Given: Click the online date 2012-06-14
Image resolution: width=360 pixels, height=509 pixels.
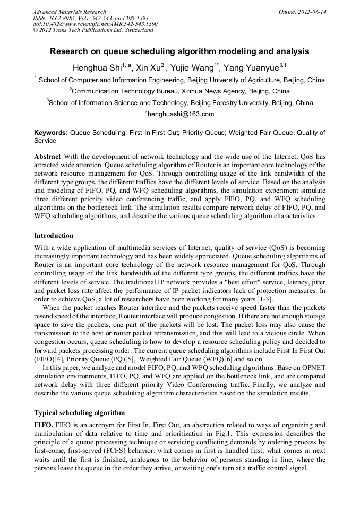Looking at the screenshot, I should coord(312,12).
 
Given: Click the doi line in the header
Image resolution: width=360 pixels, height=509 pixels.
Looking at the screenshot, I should coord(95,24).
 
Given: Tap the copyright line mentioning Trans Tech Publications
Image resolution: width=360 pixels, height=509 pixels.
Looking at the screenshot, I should coord(93,30).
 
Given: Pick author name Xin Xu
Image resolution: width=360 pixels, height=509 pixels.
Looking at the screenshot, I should coord(147,68).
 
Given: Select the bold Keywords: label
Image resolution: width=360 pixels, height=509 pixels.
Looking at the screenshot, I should coord(51,133).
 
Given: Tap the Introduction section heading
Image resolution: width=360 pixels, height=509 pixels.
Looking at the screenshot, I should coord(54,235).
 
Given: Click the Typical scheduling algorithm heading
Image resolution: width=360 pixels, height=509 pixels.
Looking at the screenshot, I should coord(79,412).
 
